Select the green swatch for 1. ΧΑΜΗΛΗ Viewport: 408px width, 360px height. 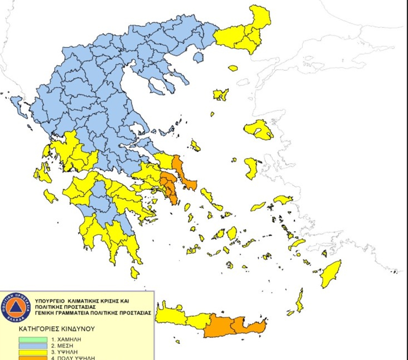tap(33, 339)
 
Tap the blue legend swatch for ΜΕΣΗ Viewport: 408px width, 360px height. tap(33, 345)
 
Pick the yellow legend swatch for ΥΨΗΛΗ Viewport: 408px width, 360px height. tap(33, 352)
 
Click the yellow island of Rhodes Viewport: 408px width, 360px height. tap(330, 274)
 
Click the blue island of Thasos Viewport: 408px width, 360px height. tap(198, 57)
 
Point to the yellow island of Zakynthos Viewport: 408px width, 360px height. tap(50, 196)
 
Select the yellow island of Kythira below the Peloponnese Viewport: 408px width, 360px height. tap(135, 272)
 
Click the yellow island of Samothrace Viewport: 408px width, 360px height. tap(233, 68)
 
